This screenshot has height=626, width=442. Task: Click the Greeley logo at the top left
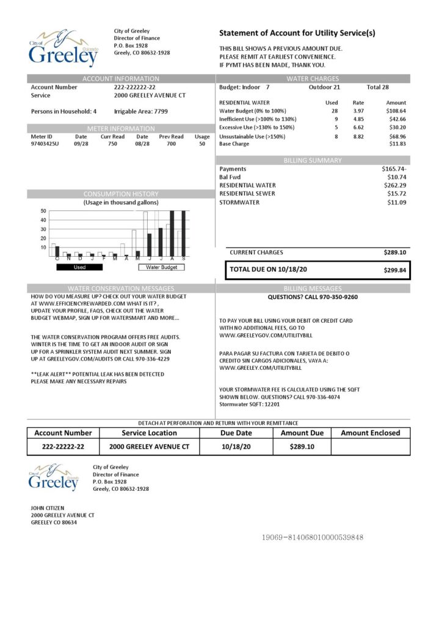pyautogui.click(x=63, y=48)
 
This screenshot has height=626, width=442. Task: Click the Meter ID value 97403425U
pyautogui.click(x=45, y=144)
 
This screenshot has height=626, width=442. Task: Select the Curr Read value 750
pyautogui.click(x=112, y=144)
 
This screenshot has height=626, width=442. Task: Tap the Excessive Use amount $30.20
pyautogui.click(x=397, y=127)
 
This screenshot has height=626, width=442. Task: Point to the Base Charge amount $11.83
pyautogui.click(x=397, y=144)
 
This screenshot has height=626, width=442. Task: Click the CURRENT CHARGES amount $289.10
pyautogui.click(x=395, y=252)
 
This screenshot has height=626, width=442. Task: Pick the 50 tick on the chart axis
pyautogui.click(x=43, y=211)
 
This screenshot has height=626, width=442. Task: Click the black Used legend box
pyautogui.click(x=80, y=267)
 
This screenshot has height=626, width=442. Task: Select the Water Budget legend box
pyautogui.click(x=161, y=267)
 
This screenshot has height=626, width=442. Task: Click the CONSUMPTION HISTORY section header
pyautogui.click(x=121, y=194)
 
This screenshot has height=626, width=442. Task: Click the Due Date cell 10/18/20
pyautogui.click(x=237, y=447)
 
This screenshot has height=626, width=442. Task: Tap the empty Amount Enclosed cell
pyautogui.click(x=370, y=447)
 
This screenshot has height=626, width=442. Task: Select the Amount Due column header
pyautogui.click(x=302, y=433)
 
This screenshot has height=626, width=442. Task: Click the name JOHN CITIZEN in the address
pyautogui.click(x=48, y=508)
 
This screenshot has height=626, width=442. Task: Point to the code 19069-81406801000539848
pyautogui.click(x=313, y=537)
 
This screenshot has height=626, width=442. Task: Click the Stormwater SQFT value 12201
pyautogui.click(x=270, y=405)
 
